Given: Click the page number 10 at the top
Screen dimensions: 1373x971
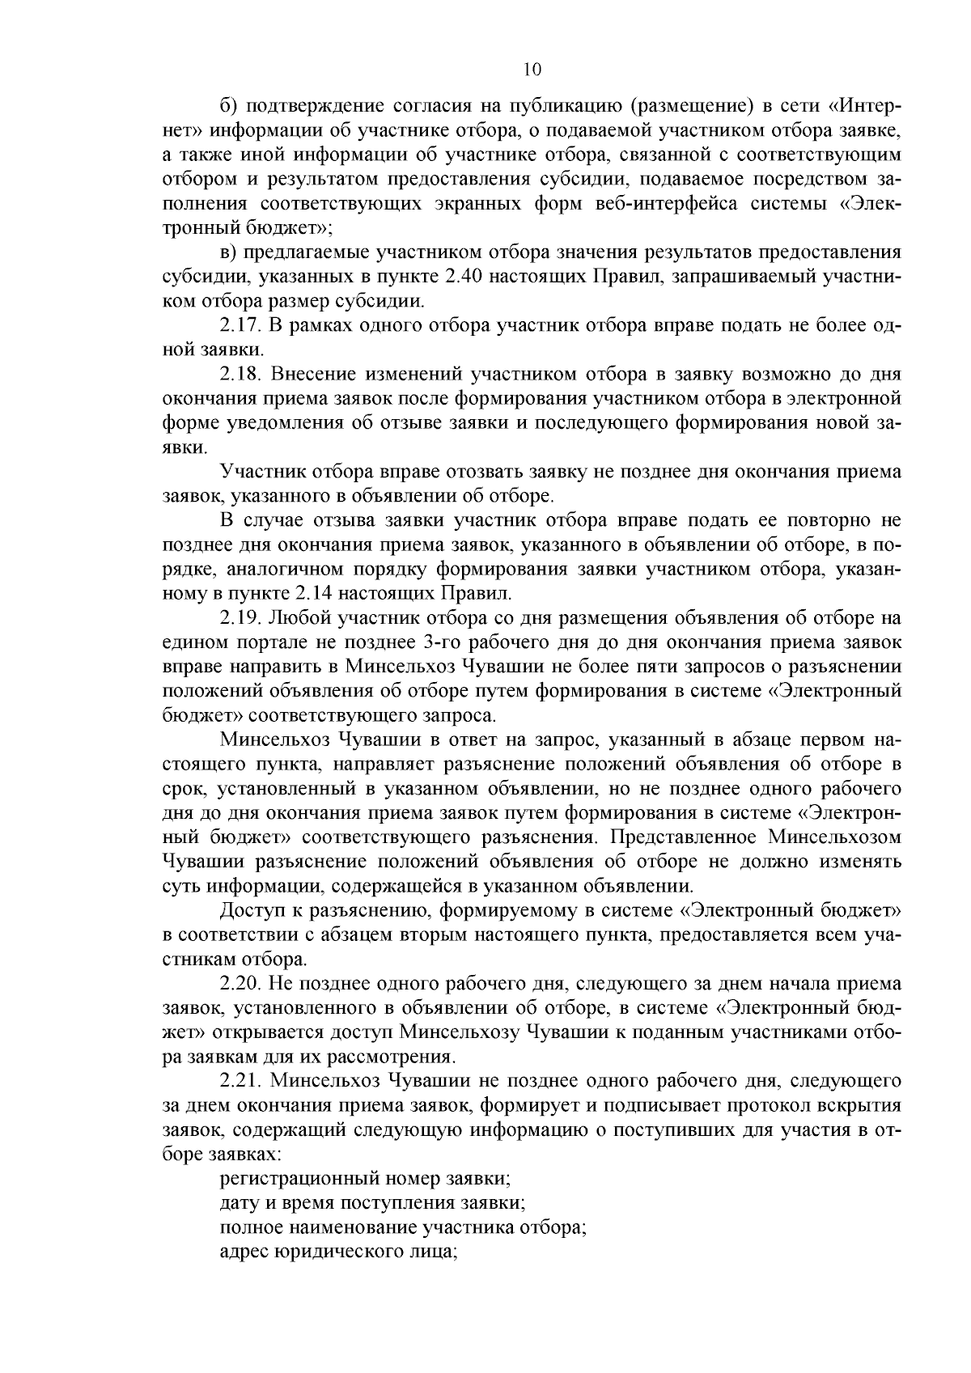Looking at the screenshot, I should point(532,70).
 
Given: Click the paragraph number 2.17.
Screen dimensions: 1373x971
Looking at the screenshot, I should point(239,326).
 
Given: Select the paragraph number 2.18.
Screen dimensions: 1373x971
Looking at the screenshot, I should point(240,375).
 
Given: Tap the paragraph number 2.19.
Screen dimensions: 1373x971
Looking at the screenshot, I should point(240,619).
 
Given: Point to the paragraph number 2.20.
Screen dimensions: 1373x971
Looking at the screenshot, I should point(240,985).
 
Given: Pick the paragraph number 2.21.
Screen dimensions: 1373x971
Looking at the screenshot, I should point(240,1082).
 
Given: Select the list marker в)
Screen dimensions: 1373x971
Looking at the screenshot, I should point(228,253).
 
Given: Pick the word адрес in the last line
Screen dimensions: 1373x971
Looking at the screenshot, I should point(244,1252).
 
